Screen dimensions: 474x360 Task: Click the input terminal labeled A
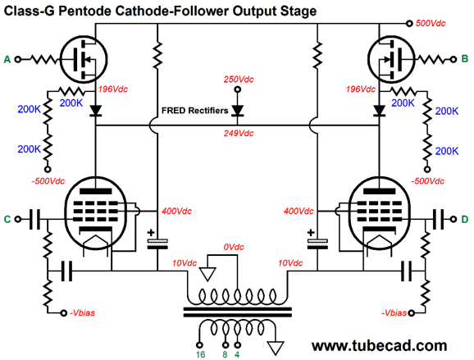tap(18, 60)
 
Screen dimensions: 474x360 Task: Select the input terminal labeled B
tap(453, 60)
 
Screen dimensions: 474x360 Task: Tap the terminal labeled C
tap(18, 219)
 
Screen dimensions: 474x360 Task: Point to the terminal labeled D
tap(453, 219)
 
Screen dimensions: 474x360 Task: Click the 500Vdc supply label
tap(431, 23)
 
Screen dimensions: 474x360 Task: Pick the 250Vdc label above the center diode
tap(239, 80)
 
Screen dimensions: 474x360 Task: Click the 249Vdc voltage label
tap(239, 134)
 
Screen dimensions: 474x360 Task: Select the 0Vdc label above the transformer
tap(234, 248)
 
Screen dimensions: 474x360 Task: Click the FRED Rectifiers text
tap(194, 111)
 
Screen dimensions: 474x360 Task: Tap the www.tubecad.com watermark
tap(380, 345)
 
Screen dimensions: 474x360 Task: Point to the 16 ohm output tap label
tap(200, 354)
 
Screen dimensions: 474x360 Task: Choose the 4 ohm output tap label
tap(237, 354)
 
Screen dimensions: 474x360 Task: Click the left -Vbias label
tap(82, 312)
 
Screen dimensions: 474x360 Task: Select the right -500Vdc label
tap(428, 181)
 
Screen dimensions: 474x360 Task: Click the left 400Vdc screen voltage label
tap(176, 211)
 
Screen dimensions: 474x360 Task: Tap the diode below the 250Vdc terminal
tap(238, 111)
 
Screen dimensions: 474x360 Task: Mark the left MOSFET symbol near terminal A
tap(84, 59)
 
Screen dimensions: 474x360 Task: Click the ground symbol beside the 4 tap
tap(276, 348)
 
